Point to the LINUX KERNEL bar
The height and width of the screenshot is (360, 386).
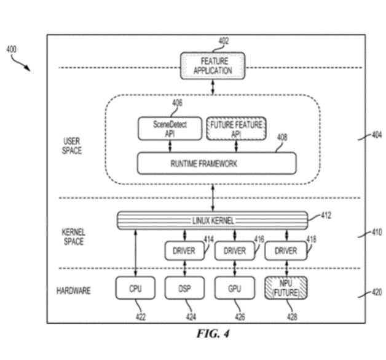(212, 220)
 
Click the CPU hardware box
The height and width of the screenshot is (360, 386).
(135, 288)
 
